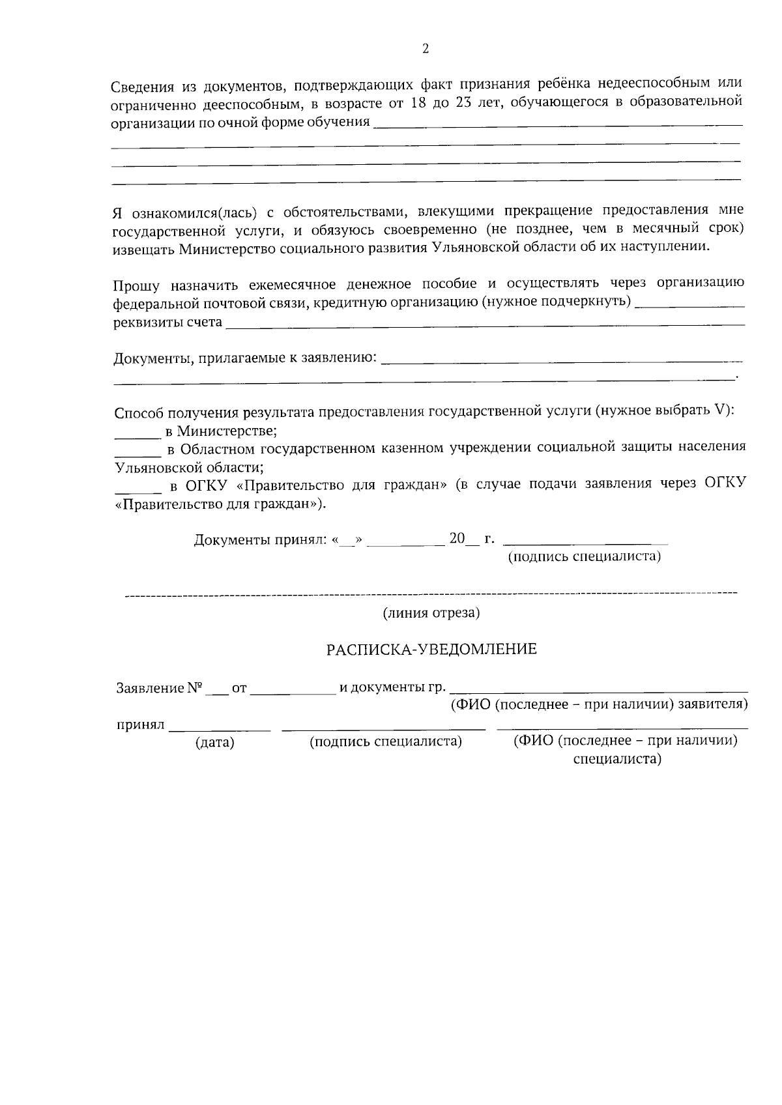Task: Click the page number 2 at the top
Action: [x=426, y=49]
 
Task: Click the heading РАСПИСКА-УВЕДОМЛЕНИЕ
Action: [x=431, y=650]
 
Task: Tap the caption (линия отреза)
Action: [x=431, y=613]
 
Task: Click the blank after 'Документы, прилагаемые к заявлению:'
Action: [x=560, y=360]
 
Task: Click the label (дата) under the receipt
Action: [x=215, y=742]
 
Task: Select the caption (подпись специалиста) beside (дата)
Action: [x=386, y=741]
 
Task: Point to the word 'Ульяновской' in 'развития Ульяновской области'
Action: [x=482, y=248]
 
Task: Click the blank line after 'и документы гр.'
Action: [x=599, y=691]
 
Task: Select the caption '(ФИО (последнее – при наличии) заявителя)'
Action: [x=599, y=705]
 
